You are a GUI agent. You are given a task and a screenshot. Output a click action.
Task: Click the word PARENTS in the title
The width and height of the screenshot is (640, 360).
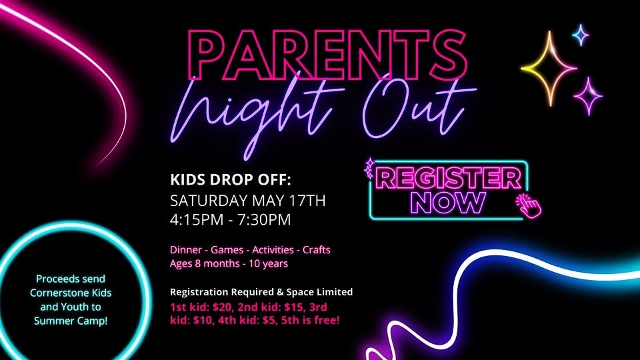click(x=327, y=55)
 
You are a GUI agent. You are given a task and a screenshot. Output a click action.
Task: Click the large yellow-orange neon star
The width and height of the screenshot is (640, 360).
click(x=549, y=69)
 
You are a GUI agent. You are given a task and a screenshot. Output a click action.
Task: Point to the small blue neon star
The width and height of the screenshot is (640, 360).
click(x=581, y=35)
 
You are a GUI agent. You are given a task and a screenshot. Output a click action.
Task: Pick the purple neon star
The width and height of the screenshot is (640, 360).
click(x=588, y=96)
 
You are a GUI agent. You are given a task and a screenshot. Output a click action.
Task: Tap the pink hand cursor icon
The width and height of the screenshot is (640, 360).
click(x=528, y=206)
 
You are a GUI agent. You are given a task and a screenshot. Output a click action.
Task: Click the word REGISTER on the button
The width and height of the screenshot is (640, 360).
click(x=448, y=179)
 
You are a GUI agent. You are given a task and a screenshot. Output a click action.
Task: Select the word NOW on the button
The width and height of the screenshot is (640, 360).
click(x=448, y=203)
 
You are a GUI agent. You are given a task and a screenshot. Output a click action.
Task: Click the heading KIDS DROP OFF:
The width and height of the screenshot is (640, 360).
click(x=231, y=179)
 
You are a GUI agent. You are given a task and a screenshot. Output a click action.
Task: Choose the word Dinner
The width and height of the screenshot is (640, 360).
click(x=186, y=250)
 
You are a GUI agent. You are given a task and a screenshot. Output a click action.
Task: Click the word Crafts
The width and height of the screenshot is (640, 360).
click(x=316, y=250)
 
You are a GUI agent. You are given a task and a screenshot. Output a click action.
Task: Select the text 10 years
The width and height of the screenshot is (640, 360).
click(x=268, y=264)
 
